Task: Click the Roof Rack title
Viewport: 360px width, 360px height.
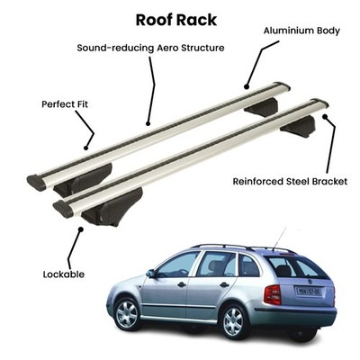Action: [176, 20]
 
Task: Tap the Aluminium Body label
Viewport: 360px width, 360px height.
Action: [301, 31]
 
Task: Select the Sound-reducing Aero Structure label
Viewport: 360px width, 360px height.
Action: [150, 48]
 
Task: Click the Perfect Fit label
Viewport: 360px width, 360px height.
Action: [65, 104]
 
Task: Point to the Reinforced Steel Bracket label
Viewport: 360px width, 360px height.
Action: [290, 182]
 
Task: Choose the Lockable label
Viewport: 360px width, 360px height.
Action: [64, 274]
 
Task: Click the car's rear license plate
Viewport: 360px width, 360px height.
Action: [309, 291]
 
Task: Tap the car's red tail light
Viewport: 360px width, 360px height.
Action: [273, 294]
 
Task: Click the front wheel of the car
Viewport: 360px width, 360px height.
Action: [127, 313]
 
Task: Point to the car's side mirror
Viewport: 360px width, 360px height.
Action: [150, 273]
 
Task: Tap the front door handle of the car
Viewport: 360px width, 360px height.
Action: [182, 283]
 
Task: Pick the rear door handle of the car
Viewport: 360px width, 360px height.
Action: [224, 284]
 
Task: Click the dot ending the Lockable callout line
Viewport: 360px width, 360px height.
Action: [80, 229]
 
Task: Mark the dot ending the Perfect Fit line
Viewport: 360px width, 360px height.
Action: [85, 148]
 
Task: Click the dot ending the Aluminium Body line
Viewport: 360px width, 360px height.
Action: [247, 87]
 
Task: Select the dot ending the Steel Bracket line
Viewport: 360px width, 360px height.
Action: [325, 116]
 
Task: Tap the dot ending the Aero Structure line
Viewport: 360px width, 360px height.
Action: [148, 123]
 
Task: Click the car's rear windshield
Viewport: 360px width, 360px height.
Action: [297, 267]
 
